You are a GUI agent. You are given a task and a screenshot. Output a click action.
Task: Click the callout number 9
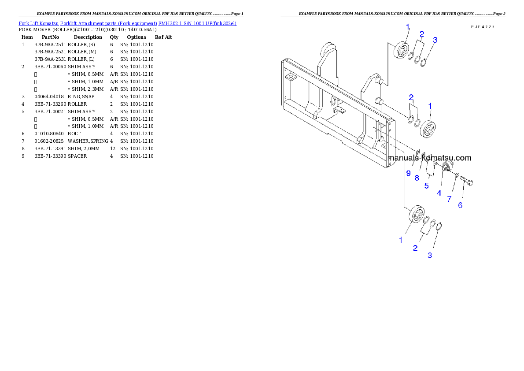point(408,173)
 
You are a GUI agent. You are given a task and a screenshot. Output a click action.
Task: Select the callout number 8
point(417,178)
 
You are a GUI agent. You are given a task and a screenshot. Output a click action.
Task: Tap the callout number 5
point(426,185)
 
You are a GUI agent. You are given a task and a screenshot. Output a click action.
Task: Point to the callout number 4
point(439,193)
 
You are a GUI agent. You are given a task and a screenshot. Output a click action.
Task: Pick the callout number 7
point(449,199)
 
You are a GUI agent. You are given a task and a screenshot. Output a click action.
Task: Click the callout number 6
point(460,205)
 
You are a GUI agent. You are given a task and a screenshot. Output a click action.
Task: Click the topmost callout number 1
point(408,27)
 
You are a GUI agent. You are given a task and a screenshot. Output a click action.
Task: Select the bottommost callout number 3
point(430,255)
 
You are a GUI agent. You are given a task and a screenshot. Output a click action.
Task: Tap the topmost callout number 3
point(435,40)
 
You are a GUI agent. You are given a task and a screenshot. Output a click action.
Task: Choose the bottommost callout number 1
point(401,240)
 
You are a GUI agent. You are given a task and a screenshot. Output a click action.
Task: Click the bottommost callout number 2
point(415,248)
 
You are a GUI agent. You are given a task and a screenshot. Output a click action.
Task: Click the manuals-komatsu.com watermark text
point(429,158)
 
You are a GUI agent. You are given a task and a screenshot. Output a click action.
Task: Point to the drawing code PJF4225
point(483,27)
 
